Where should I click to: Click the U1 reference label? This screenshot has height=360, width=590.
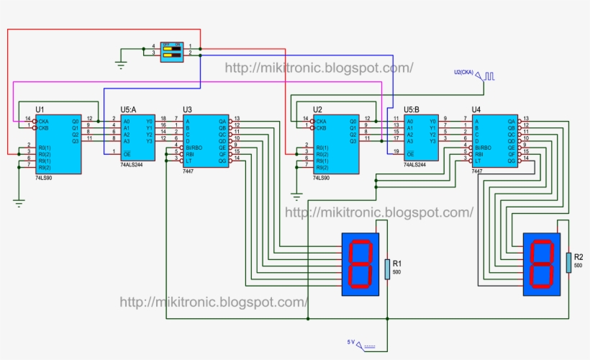pyautogui.click(x=40, y=109)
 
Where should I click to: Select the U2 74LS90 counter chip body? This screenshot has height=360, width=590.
pyautogui.click(x=335, y=144)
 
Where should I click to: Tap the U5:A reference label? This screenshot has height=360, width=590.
pyautogui.click(x=130, y=109)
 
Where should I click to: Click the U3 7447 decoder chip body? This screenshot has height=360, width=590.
pyautogui.click(x=205, y=141)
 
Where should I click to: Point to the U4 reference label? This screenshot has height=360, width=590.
pyautogui.click(x=476, y=109)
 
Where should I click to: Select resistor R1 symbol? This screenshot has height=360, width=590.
pyautogui.click(x=387, y=269)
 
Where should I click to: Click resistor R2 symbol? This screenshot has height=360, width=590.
pyautogui.click(x=568, y=262)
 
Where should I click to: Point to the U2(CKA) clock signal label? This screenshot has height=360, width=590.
pyautogui.click(x=468, y=73)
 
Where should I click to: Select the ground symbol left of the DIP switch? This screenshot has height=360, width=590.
pyautogui.click(x=121, y=64)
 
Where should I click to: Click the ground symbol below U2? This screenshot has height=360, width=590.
pyautogui.click(x=296, y=195)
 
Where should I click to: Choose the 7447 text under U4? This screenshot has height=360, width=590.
pyautogui.click(x=478, y=172)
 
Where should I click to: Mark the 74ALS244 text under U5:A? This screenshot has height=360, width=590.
pyautogui.click(x=132, y=165)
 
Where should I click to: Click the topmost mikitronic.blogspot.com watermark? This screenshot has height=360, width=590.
pyautogui.click(x=319, y=68)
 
